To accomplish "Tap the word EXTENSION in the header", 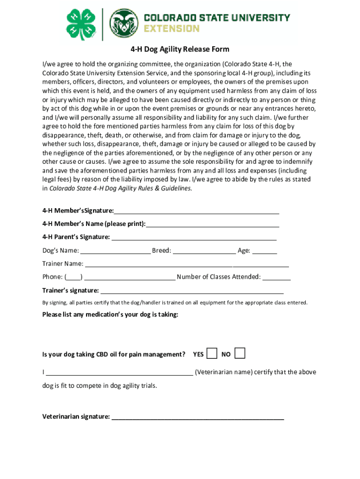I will (x=171, y=29).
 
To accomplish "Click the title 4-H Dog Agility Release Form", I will (x=180, y=50).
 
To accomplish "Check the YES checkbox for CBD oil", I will (x=212, y=353).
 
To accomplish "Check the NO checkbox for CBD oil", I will (x=240, y=353).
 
